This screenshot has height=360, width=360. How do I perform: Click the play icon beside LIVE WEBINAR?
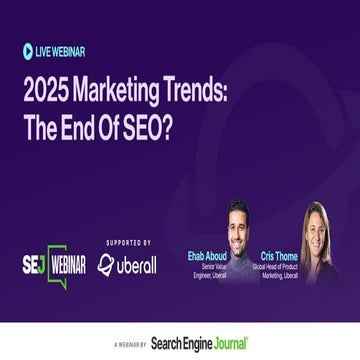28,51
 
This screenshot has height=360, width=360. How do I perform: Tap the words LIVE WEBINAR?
60,51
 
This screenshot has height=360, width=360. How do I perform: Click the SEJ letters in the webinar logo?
34,265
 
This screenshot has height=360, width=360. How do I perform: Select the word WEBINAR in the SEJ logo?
67,265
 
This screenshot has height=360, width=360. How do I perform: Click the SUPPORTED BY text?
129,242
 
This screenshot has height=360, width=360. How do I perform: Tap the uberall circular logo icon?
106,265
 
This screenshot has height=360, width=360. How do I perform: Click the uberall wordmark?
138,265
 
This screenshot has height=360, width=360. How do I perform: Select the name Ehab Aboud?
206,255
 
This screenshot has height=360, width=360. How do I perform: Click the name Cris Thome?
280,255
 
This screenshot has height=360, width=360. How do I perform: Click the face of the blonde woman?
314,230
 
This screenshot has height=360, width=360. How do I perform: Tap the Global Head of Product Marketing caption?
280,272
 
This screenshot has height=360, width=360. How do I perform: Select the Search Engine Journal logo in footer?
200,343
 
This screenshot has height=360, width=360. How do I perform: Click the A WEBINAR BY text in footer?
129,344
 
